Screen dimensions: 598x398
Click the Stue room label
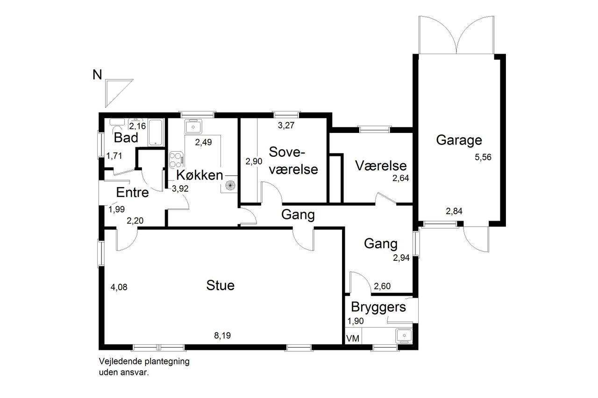click(x=220, y=286)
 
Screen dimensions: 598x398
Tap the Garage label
click(x=459, y=140)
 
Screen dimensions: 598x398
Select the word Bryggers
click(x=378, y=307)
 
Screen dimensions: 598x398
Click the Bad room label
click(x=126, y=138)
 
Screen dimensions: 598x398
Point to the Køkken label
click(x=199, y=175)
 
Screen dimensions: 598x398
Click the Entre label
click(x=132, y=193)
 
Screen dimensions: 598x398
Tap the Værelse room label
click(x=381, y=166)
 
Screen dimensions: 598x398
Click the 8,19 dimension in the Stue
click(x=222, y=335)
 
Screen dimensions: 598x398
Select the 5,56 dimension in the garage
click(x=483, y=157)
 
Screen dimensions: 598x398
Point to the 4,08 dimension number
click(x=119, y=287)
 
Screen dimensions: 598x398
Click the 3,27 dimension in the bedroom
click(x=286, y=126)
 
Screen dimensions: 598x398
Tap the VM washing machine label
click(x=353, y=339)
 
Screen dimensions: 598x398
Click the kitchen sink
click(x=193, y=126)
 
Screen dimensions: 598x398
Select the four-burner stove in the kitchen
click(x=176, y=160)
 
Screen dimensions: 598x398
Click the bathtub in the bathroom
click(x=155, y=133)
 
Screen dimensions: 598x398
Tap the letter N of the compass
click(x=97, y=75)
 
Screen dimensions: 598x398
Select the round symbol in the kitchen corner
click(x=230, y=185)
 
